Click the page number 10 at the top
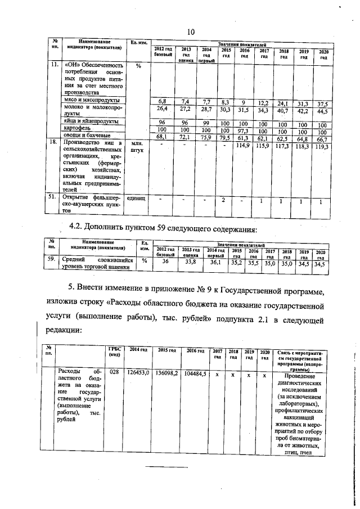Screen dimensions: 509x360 coord(190,31)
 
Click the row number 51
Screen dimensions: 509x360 coord(53,198)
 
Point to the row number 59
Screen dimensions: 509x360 coord(51,260)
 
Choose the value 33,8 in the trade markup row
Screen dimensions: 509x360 coord(191,261)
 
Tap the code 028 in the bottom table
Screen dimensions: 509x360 coord(114,373)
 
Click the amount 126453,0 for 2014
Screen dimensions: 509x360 coord(138,373)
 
